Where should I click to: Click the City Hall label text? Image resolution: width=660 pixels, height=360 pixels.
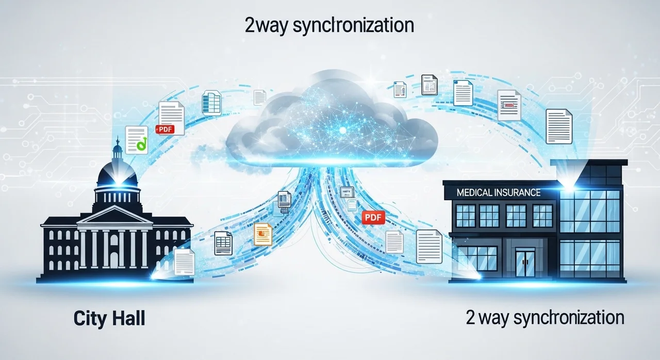[109, 319]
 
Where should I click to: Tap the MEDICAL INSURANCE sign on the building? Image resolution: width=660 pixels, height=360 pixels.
[499, 193]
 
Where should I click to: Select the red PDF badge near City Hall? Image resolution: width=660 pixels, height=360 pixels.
[165, 129]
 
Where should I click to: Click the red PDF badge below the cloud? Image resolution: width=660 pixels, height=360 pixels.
[373, 218]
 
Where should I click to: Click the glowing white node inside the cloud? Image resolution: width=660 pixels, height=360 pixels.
[343, 130]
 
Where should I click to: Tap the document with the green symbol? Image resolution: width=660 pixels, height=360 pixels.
[137, 140]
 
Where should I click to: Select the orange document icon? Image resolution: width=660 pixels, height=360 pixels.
[263, 234]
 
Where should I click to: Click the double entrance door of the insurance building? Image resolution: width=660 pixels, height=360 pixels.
[525, 262]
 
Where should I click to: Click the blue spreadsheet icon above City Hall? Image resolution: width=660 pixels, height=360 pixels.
[211, 103]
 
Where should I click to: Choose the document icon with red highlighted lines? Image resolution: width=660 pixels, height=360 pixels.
[509, 105]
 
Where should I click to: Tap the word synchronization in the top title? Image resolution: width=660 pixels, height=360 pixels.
[353, 26]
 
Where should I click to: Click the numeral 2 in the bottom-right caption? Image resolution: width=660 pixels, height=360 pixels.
[470, 317]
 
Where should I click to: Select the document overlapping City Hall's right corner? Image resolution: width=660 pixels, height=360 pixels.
[184, 262]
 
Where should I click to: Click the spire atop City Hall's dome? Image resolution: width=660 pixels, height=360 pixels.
[118, 143]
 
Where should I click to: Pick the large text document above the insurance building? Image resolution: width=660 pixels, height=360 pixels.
[559, 126]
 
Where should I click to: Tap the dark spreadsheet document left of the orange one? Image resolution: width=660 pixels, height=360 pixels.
[223, 243]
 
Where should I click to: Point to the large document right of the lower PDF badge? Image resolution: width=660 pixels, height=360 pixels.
[429, 247]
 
